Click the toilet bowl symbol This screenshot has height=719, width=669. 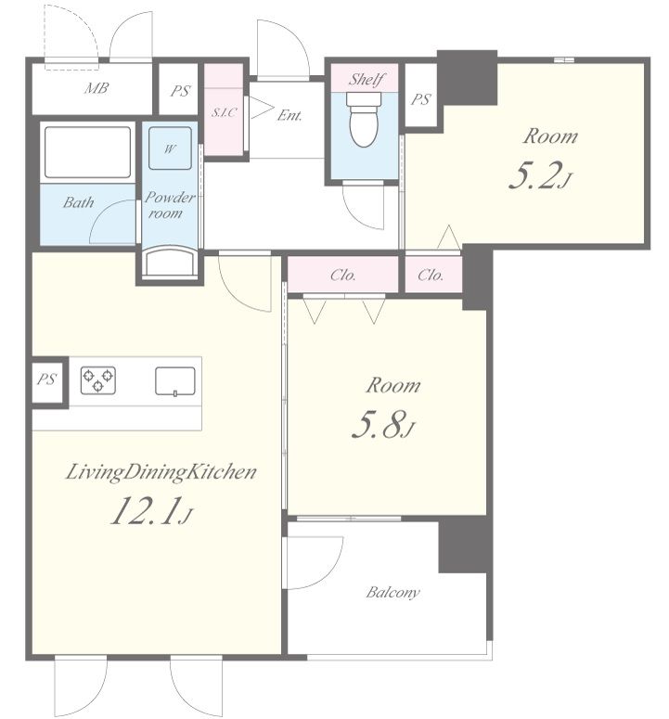coord(364,120)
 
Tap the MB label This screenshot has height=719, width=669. coord(96,87)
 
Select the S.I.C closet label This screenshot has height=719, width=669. coord(225,112)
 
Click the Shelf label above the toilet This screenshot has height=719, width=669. coord(367,80)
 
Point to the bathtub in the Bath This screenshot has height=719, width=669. coord(87,152)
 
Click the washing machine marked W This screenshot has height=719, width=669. coord(170,148)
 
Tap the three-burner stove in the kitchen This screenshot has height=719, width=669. coord(98,380)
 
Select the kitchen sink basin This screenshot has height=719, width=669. coord(175,381)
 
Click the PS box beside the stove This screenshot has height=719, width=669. coord(47,380)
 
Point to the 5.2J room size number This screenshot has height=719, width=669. coord(541,177)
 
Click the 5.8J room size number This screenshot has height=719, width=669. coord(383,425)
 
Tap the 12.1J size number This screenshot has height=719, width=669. coord(151,511)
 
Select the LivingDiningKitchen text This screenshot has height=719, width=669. coord(161,473)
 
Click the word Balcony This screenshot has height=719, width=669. coord(392,592)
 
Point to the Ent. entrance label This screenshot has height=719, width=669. coord(289,115)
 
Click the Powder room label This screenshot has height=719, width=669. coord(169,205)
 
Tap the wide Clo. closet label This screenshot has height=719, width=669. coord(343,276)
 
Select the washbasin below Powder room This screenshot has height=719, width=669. coord(170,262)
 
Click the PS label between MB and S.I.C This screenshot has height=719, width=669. coord(180,91)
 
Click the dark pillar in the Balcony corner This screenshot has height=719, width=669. coord(463,545)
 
